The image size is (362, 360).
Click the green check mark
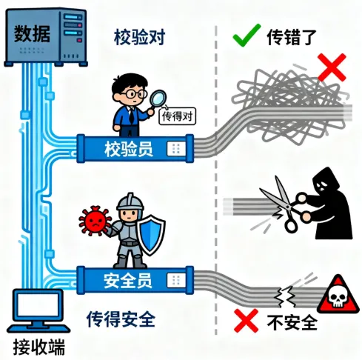tap(246, 36)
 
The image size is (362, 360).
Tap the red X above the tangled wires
tap(332, 67)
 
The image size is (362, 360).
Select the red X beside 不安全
tap(246, 320)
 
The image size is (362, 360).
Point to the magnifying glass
tap(157, 99)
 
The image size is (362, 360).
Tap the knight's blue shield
tap(151, 234)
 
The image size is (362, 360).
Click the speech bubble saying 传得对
tap(178, 116)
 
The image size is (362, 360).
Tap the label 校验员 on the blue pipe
tap(129, 149)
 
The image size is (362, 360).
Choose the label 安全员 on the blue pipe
tap(127, 281)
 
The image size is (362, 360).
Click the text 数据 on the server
tap(32, 33)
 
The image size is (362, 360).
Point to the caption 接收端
tap(38, 347)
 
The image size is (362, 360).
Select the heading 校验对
tap(139, 37)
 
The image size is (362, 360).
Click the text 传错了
tap(292, 37)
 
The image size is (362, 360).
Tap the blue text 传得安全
tap(121, 319)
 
